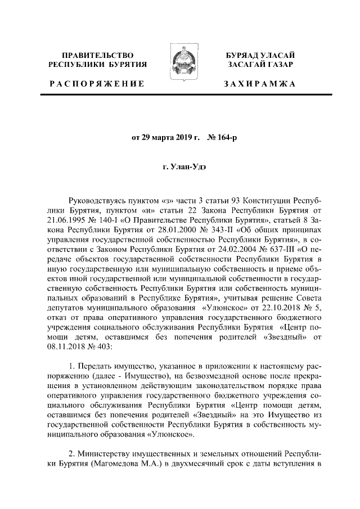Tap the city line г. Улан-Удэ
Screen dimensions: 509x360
180,167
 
